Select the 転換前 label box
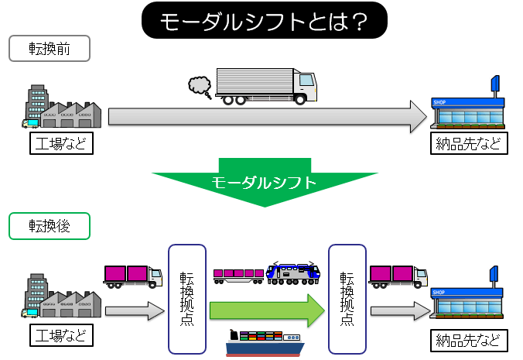coord(50,50)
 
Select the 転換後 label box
coord(50,225)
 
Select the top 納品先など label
coord(470,144)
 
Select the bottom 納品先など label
coord(470,340)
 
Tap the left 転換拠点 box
coord(186,299)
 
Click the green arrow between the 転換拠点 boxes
coord(268,310)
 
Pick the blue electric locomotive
coord(292,273)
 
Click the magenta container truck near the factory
coord(132,275)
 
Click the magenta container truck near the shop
coord(398,275)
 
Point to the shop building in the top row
coord(469,108)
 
